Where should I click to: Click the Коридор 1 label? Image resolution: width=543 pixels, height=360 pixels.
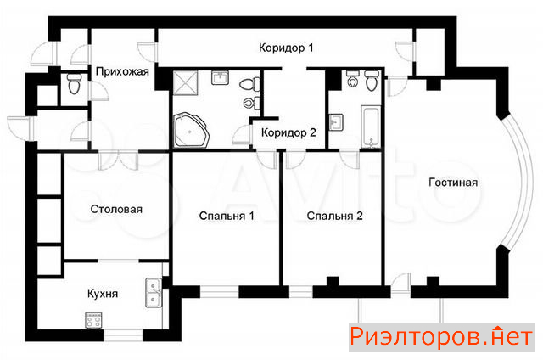point(286,48)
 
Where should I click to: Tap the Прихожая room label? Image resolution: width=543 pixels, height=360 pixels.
point(122,71)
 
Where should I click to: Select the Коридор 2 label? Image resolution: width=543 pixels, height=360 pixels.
point(288,132)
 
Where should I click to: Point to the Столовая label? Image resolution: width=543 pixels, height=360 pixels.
point(116,209)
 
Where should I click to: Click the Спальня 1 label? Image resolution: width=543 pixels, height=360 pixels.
point(227,216)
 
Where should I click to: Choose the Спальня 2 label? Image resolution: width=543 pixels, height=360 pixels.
point(334,216)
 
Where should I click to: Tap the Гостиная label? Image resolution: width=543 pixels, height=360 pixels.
point(453,183)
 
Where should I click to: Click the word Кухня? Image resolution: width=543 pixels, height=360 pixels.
point(103,294)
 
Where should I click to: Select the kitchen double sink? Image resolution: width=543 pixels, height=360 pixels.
point(154,292)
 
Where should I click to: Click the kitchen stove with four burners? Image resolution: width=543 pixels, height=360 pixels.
point(93,320)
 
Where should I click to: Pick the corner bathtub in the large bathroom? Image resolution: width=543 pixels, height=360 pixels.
point(191,130)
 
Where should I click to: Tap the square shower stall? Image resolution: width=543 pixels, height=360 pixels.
point(185,82)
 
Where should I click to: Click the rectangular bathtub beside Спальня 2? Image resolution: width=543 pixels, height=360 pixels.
point(371,127)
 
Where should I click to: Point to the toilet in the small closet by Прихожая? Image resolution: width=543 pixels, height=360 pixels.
point(75,83)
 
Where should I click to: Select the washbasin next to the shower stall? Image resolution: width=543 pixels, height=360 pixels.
point(220,77)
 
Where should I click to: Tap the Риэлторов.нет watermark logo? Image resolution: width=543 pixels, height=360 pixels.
point(441,337)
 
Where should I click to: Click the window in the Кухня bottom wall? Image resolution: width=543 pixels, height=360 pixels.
point(123,335)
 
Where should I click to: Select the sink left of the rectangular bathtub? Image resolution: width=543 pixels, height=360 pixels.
point(336,122)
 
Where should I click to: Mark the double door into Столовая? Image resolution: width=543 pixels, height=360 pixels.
point(118,160)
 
